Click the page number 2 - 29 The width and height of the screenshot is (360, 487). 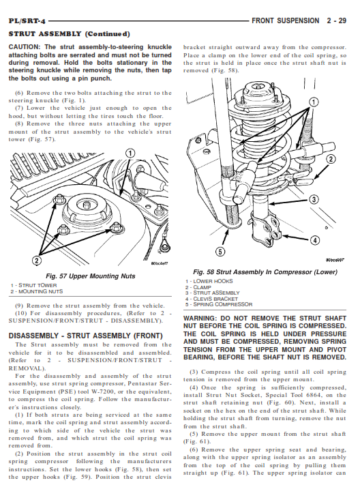pyautogui.click(x=336, y=21)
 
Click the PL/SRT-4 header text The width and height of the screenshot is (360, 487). pyautogui.click(x=27, y=21)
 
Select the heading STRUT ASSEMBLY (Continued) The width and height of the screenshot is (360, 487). pyautogui.click(x=70, y=34)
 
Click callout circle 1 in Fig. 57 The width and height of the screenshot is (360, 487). pyautogui.click(x=130, y=153)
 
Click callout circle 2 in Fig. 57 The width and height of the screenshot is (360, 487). pyautogui.click(x=36, y=261)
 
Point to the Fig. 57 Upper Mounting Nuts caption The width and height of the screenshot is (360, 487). pyautogui.click(x=90, y=276)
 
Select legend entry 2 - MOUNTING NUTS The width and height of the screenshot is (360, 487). pyautogui.click(x=37, y=291)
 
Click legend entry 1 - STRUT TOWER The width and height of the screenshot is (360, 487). pyautogui.click(x=33, y=285)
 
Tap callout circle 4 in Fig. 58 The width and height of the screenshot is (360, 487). pyautogui.click(x=315, y=240)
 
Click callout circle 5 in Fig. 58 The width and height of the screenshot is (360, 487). pyautogui.click(x=220, y=251)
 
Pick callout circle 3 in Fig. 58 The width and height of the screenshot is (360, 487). pyautogui.click(x=314, y=199)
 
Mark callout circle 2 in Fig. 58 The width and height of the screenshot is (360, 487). pyautogui.click(x=331, y=159)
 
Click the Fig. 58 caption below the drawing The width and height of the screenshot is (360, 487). pyautogui.click(x=265, y=272)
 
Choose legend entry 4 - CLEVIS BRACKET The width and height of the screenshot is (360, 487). pyautogui.click(x=211, y=299)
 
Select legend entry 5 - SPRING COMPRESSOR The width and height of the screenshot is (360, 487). pyautogui.click(x=219, y=305)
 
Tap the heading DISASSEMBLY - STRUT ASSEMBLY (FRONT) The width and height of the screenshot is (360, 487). pyautogui.click(x=86, y=336)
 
